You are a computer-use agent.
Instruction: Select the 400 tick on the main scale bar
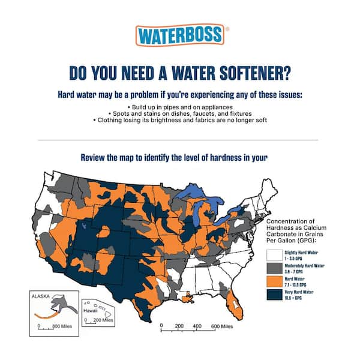[196, 326]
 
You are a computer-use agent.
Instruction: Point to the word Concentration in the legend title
[287, 221]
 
